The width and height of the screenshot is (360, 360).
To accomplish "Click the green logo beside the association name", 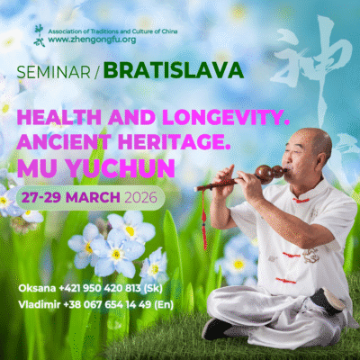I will pyautogui.click(x=38, y=33).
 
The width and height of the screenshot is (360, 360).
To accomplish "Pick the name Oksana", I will pyautogui.click(x=35, y=289).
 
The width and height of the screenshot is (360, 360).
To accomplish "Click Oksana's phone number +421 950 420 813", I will pyautogui.click(x=103, y=289).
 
